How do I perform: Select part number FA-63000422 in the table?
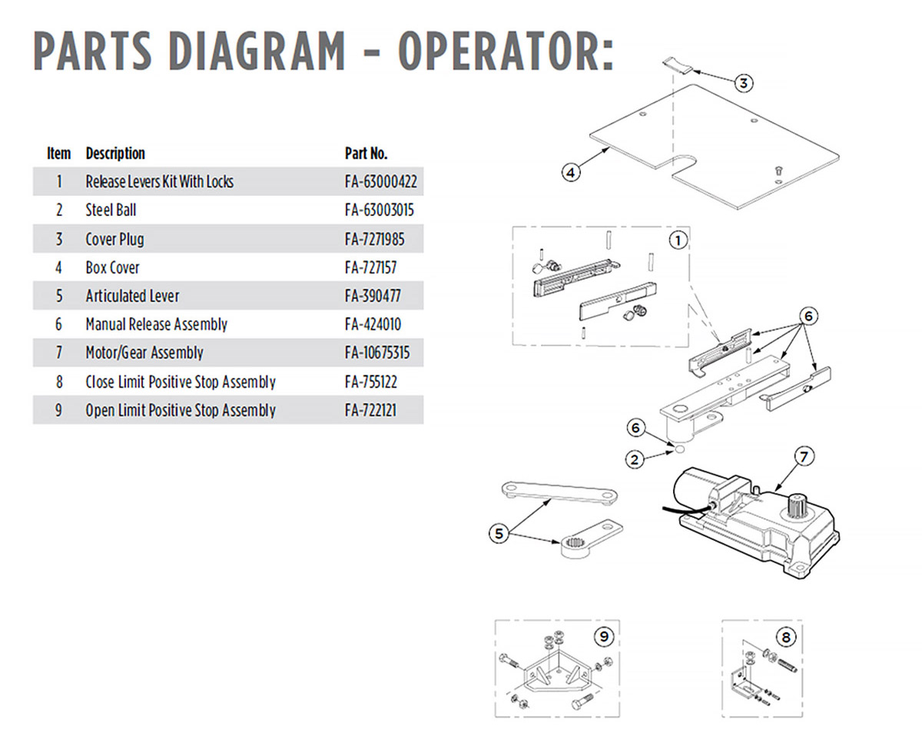[x=382, y=182]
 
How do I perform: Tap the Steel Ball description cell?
[x=111, y=210]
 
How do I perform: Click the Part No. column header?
[x=366, y=153]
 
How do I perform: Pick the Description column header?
[x=115, y=153]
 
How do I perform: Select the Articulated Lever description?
[x=132, y=296]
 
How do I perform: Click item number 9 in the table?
[x=58, y=410]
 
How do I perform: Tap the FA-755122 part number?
[x=372, y=382]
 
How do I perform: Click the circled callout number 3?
[x=743, y=83]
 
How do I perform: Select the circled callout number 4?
[x=570, y=173]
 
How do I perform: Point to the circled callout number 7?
[x=802, y=457]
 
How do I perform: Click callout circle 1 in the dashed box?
[x=677, y=240]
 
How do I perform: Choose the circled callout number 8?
[x=784, y=637]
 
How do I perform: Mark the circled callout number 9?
[x=604, y=636]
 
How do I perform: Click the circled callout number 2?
[x=635, y=460]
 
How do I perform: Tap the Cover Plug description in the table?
[x=114, y=239]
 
